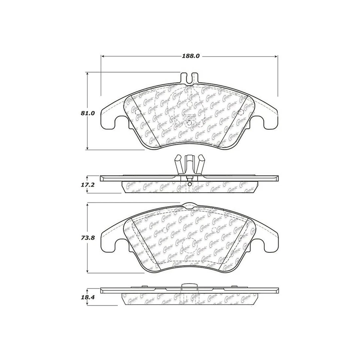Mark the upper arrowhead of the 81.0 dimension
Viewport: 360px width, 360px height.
pyautogui.click(x=88, y=75)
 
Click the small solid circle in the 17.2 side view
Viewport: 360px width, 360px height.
pyautogui.click(x=190, y=184)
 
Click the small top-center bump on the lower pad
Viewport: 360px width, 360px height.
pyautogui.click(x=189, y=205)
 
